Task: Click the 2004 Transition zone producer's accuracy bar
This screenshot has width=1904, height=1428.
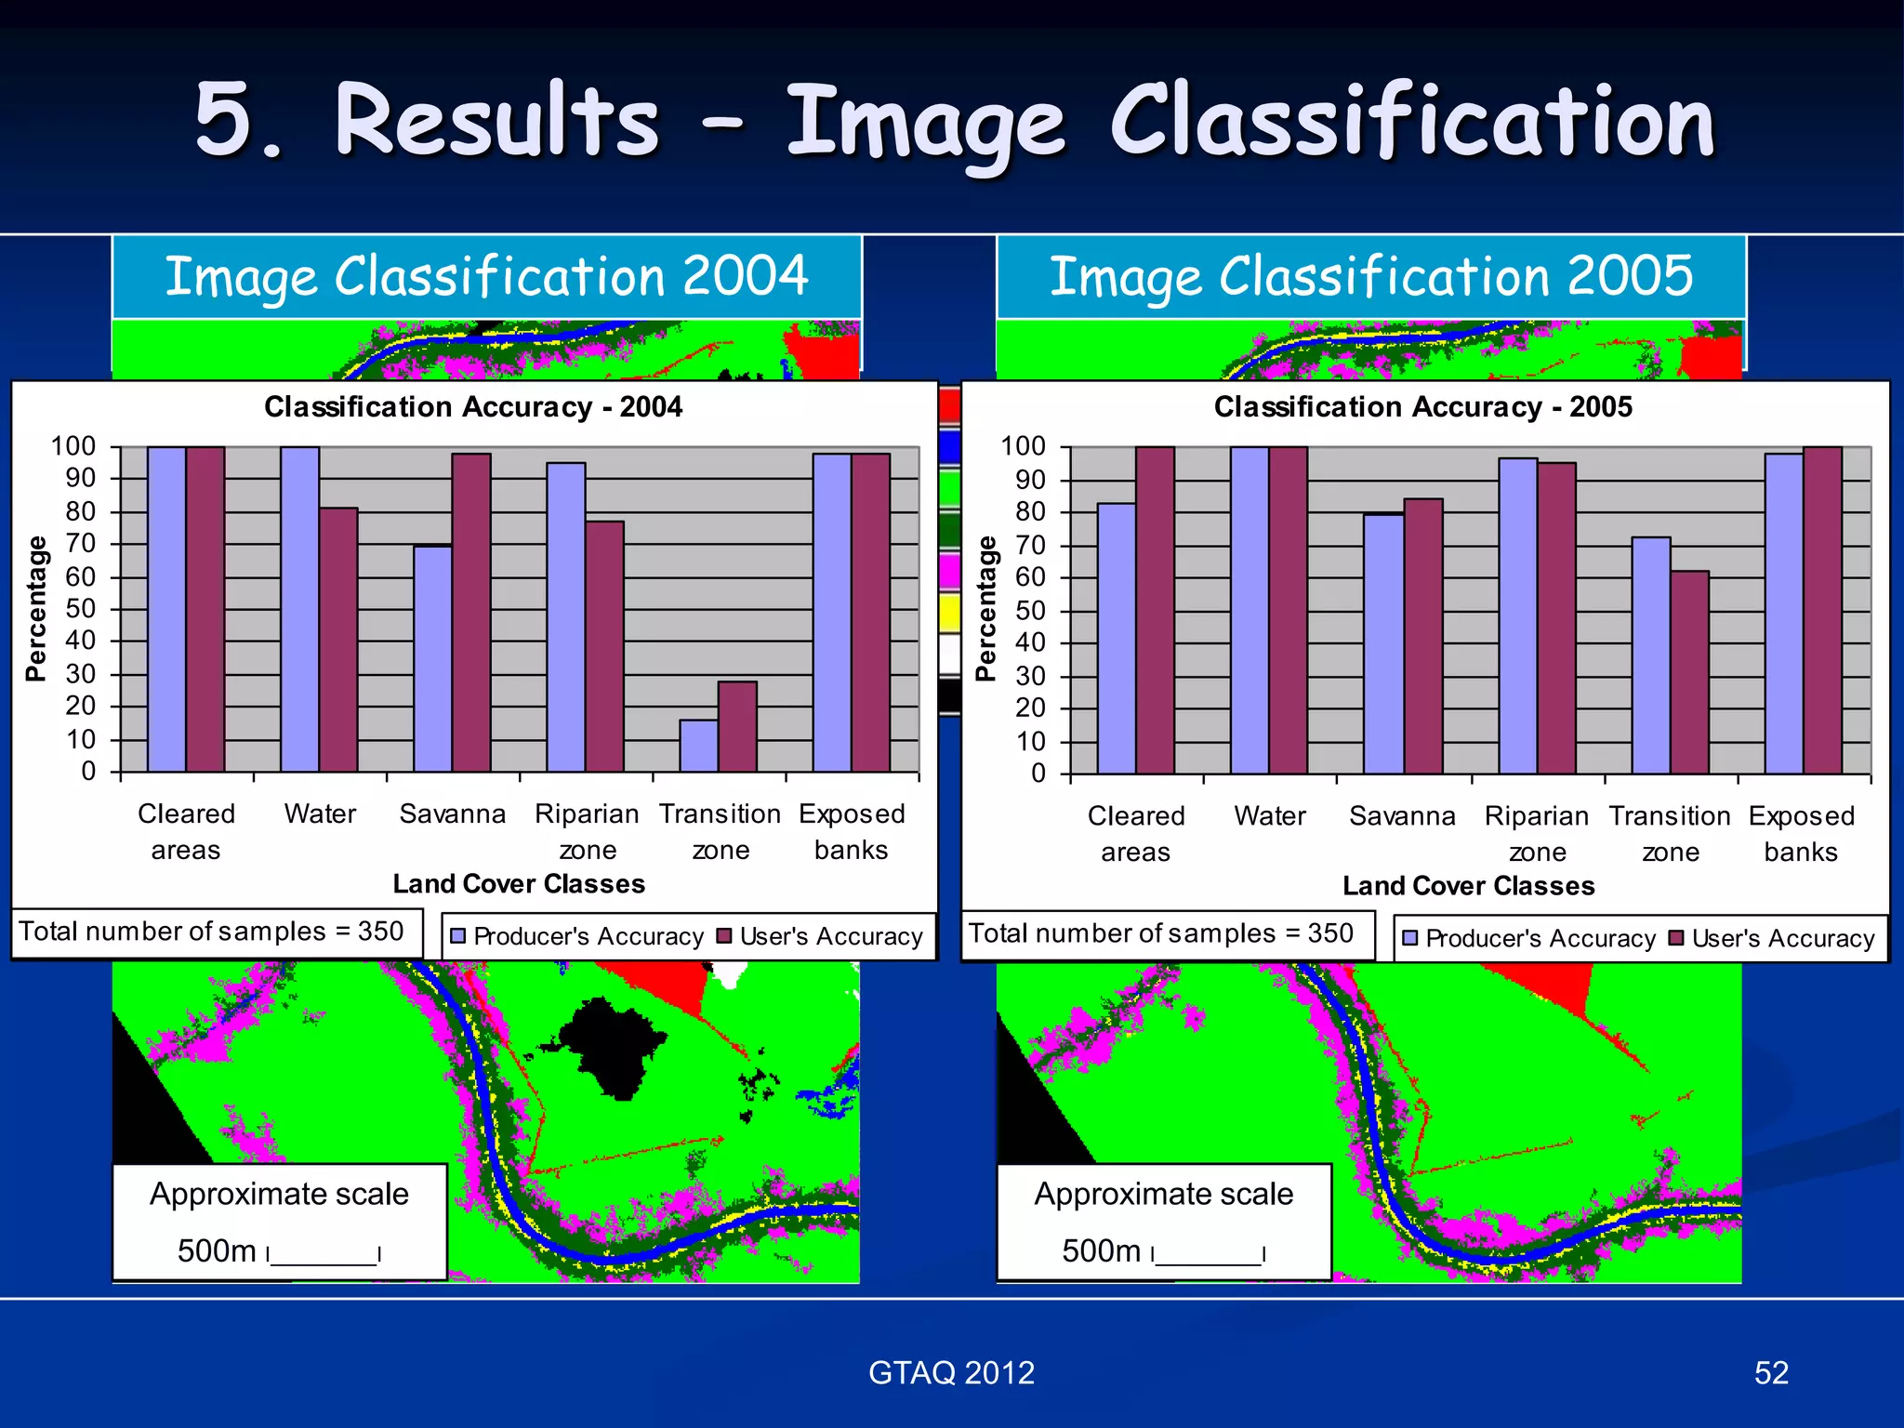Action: tap(698, 746)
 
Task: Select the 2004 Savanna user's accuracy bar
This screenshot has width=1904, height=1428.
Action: tap(471, 614)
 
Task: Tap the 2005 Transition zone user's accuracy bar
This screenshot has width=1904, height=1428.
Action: tap(1689, 672)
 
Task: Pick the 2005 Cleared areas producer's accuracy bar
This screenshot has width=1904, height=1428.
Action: tap(1117, 639)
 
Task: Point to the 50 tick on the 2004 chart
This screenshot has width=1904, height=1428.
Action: tap(81, 609)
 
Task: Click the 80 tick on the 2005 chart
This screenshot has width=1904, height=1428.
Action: tap(1030, 512)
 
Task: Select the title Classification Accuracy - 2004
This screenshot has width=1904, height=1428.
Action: tap(473, 407)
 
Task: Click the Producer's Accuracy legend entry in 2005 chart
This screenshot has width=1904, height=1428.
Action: tap(1529, 939)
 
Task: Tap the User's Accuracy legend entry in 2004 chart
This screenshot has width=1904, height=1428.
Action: tap(820, 936)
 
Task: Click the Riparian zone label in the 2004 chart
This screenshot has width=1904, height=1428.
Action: tap(587, 831)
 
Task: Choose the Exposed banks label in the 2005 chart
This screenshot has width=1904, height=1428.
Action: tap(1801, 833)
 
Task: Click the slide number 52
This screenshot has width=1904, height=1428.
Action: tap(1771, 1373)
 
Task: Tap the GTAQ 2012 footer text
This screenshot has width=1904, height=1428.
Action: tap(951, 1373)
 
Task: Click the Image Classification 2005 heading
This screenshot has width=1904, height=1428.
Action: tap(1371, 277)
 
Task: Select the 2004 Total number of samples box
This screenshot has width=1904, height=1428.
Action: tap(213, 932)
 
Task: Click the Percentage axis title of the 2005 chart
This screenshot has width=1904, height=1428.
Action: tap(985, 609)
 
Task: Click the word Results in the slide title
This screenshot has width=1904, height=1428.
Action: tap(497, 121)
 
